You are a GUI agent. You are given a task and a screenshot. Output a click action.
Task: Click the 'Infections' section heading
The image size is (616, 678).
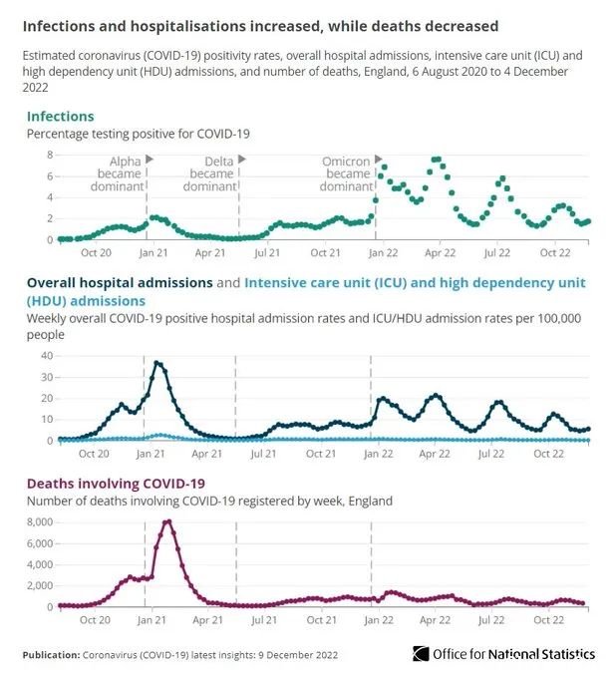point(60,117)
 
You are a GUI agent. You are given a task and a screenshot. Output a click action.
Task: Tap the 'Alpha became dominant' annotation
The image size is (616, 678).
point(117,173)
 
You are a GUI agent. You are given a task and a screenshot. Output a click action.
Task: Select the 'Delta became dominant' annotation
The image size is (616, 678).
point(209,173)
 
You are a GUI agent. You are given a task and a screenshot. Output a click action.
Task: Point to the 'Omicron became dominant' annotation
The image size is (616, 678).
point(346,173)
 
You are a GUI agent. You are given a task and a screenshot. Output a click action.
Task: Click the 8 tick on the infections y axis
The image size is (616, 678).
point(50,155)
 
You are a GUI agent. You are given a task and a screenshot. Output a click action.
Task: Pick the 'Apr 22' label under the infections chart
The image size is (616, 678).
point(440,253)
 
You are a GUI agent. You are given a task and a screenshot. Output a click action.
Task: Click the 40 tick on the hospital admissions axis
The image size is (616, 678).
point(47,356)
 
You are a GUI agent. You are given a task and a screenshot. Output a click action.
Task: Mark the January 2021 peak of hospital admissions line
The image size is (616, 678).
point(156,363)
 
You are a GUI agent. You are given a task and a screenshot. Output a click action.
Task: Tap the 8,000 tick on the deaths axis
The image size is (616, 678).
point(40,522)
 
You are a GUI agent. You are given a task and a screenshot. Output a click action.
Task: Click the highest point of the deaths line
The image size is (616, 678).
point(168,521)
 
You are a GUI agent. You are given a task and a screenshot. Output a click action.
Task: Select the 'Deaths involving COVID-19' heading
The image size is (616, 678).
point(116,484)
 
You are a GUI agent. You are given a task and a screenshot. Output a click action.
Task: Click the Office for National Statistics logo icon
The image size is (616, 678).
point(421,654)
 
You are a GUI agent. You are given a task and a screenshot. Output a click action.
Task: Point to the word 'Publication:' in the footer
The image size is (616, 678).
point(51,655)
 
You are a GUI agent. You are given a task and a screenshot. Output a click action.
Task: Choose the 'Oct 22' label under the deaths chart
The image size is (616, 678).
point(548,620)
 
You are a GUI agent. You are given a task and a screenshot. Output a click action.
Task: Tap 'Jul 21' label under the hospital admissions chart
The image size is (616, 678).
point(263,454)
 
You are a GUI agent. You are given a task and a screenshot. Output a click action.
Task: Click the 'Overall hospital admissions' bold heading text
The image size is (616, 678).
point(120,283)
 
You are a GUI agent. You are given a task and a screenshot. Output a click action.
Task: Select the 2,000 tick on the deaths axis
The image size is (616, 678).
point(40,586)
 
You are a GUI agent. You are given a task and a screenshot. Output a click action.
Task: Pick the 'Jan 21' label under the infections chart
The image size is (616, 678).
point(154,253)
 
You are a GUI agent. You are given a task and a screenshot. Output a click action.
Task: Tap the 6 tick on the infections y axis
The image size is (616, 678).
point(50,176)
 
